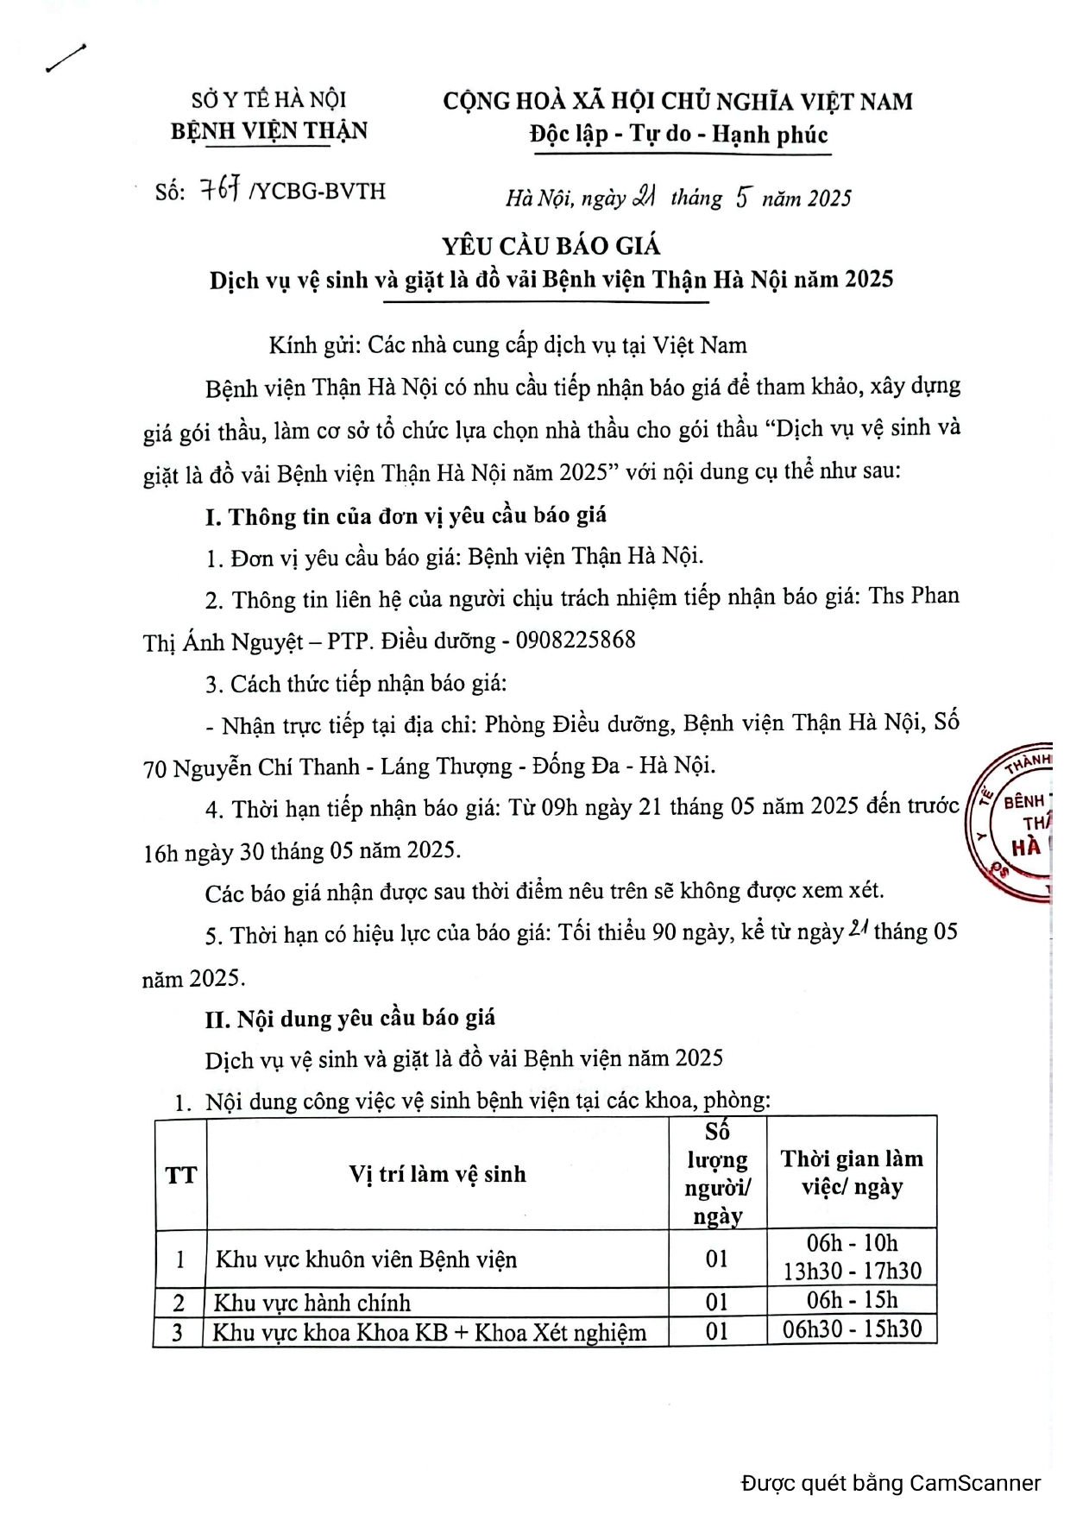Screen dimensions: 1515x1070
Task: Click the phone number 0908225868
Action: pos(575,640)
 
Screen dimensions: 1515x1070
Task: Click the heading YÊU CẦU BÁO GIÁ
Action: pos(551,247)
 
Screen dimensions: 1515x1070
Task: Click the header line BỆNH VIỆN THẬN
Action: pos(269,131)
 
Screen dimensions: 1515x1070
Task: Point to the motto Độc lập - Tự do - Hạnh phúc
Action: pos(678,135)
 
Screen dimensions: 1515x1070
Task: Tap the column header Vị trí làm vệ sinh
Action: pos(437,1174)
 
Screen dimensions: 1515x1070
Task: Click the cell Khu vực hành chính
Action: pos(312,1302)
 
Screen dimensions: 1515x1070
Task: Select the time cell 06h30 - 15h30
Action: pos(852,1329)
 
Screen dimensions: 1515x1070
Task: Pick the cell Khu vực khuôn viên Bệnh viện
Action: pos(366,1259)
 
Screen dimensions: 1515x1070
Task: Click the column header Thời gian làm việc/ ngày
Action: pos(852,1172)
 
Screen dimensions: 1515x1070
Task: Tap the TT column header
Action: pos(180,1175)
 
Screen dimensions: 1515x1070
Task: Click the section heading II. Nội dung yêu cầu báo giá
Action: pos(350,1019)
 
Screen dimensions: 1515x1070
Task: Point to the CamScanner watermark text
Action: pos(891,1483)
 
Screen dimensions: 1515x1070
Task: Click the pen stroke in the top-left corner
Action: pos(66,59)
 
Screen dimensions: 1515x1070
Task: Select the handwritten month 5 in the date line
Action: pos(742,198)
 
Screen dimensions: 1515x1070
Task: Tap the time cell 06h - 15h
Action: pos(852,1300)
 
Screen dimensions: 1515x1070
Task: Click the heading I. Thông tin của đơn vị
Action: pos(406,516)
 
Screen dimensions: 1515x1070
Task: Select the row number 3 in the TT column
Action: pos(178,1332)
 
